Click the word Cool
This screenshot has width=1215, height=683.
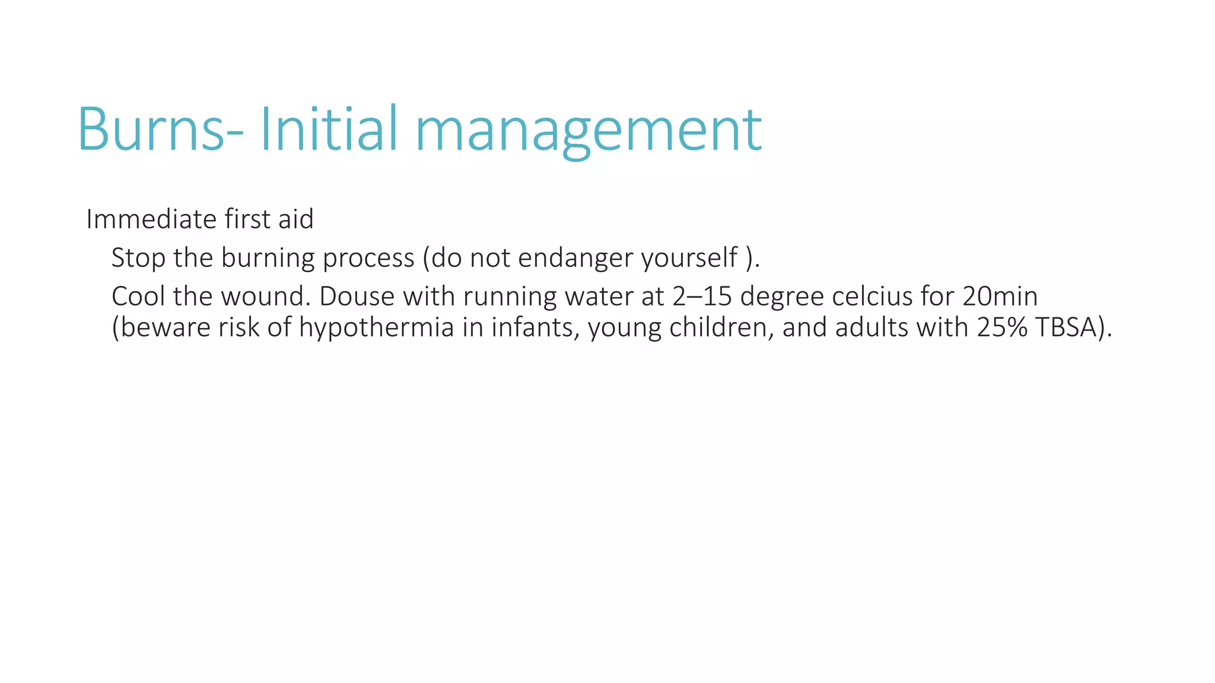click(x=138, y=296)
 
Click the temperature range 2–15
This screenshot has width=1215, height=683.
click(x=702, y=296)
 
